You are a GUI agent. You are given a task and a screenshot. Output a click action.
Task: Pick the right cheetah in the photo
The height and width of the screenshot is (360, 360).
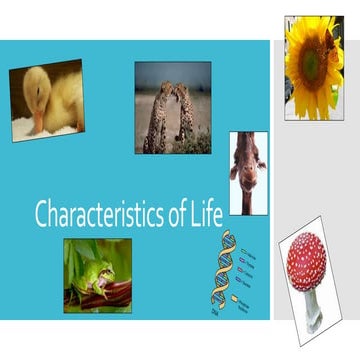pyautogui.click(x=185, y=115)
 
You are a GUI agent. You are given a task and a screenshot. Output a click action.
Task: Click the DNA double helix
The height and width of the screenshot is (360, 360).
pyautogui.click(x=221, y=269)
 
